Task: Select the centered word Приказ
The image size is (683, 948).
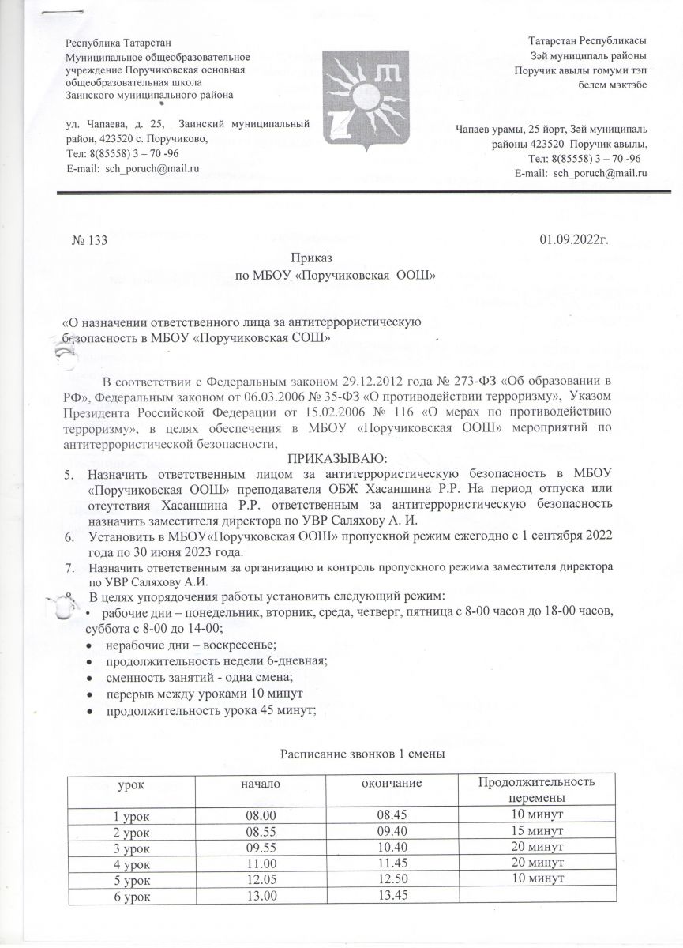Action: click(312, 258)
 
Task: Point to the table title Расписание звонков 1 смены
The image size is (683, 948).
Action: click(364, 754)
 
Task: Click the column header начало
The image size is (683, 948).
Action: click(261, 782)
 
